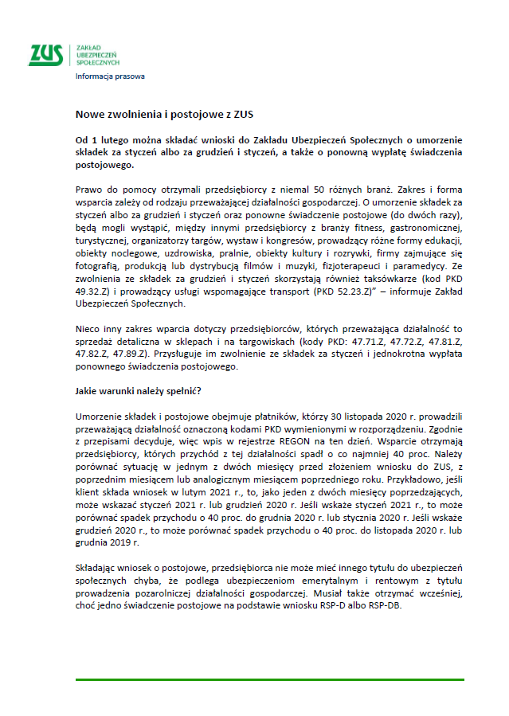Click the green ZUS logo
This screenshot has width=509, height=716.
click(47, 53)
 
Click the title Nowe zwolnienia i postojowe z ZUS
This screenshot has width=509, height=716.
click(164, 115)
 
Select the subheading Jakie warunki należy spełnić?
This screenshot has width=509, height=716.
click(138, 392)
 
